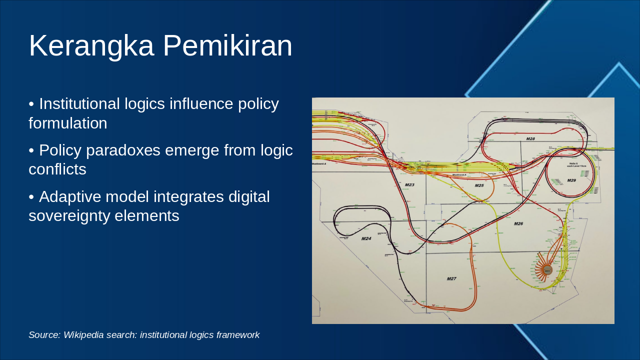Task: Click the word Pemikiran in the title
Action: click(x=227, y=46)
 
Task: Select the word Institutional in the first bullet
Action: click(x=79, y=104)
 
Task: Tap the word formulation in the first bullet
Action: click(x=67, y=123)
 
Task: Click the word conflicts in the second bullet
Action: click(x=57, y=169)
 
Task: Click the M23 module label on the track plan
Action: click(x=409, y=185)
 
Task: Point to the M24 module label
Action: click(x=366, y=238)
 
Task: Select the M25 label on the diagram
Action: click(x=479, y=185)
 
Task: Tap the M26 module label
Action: click(x=518, y=223)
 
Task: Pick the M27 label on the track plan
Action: click(x=451, y=278)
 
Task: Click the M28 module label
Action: click(x=530, y=138)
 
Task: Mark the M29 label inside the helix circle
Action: click(x=571, y=180)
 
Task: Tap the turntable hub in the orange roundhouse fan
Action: click(x=547, y=269)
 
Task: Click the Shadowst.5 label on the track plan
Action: click(x=459, y=175)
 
